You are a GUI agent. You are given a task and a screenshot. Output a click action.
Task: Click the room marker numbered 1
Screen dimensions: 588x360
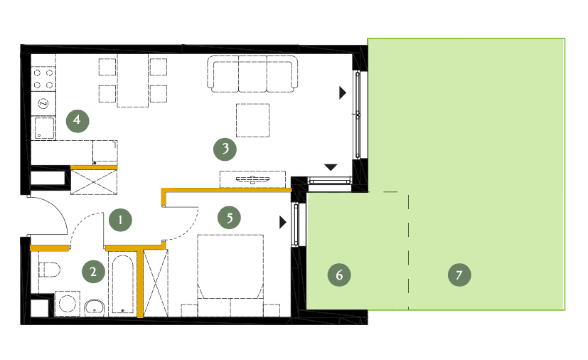tap(120, 220)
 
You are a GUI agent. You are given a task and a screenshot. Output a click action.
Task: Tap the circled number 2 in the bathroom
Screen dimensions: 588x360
tap(93, 272)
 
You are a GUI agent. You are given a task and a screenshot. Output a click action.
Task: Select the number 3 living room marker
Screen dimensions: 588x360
tap(225, 149)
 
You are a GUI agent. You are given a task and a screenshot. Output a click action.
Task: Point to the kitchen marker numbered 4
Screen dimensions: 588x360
tap(77, 121)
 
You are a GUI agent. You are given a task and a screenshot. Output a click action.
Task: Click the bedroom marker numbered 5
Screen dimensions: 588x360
tap(230, 218)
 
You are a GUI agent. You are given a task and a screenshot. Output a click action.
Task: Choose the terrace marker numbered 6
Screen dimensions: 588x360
tap(339, 275)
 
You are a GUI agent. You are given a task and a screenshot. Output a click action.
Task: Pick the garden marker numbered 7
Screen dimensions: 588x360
tap(459, 275)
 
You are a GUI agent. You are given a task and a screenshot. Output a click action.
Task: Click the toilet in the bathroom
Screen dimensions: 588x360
tap(50, 270)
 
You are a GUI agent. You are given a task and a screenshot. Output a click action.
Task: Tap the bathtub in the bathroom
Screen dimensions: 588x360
tap(123, 284)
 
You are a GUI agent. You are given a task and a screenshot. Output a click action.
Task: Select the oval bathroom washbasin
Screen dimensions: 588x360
tap(95, 307)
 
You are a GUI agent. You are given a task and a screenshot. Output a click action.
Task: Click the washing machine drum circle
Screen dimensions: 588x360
tap(68, 304)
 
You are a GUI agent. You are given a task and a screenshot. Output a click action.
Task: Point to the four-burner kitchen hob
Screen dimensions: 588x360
tap(43, 79)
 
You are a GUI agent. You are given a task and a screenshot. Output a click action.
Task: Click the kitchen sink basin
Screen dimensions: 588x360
tap(45, 128)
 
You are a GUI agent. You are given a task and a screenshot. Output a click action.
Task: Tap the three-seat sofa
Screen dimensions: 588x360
tap(252, 74)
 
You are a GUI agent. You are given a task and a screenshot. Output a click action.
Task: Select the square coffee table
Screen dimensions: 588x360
tap(252, 120)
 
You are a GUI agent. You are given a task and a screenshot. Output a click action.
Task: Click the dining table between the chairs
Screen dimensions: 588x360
tap(133, 80)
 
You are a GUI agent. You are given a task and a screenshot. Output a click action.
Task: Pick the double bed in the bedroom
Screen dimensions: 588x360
tap(230, 275)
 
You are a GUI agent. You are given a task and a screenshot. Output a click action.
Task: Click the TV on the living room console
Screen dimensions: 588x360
tap(252, 179)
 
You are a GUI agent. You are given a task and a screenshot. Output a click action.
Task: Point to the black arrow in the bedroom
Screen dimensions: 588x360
tap(283, 222)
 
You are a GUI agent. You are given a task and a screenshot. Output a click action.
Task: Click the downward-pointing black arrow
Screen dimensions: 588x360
tap(331, 167)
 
